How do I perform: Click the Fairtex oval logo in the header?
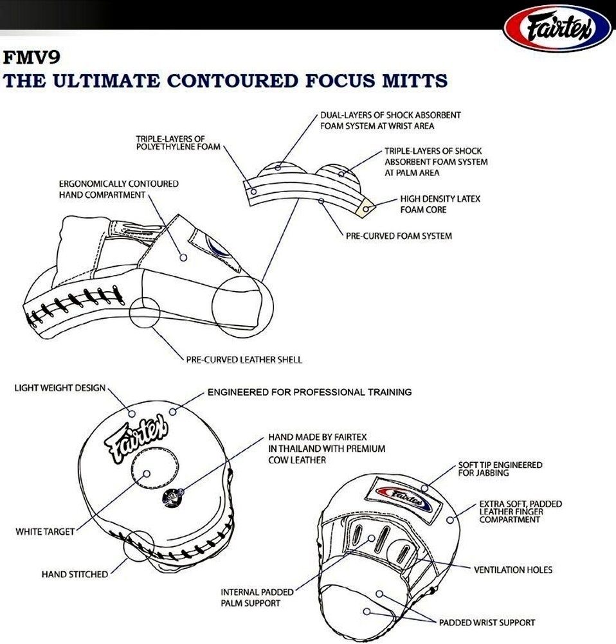tap(556, 29)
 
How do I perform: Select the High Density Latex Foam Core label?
tap(440, 204)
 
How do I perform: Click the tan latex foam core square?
tap(365, 208)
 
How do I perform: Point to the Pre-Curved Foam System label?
tap(399, 236)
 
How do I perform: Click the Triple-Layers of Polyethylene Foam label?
tap(177, 142)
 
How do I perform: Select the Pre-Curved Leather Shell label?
tap(244, 359)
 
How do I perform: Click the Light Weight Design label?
tap(60, 389)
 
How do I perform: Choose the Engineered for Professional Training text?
tap(309, 391)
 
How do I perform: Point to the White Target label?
tap(45, 532)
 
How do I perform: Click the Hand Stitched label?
tap(75, 574)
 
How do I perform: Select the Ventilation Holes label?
tap(512, 569)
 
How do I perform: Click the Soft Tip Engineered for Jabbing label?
tap(500, 469)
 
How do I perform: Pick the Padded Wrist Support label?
tap(487, 622)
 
